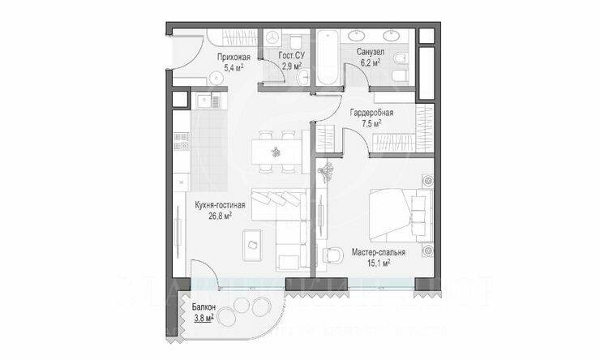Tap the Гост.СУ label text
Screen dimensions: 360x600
[291, 56]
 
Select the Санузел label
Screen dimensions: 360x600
[369, 52]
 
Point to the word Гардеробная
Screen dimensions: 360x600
[371, 113]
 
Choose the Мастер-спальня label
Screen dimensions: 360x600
[378, 252]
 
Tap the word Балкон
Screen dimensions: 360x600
[204, 308]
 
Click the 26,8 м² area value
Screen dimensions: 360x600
[221, 216]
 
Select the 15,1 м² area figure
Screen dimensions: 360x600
[378, 263]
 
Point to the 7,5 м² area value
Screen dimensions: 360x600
[371, 123]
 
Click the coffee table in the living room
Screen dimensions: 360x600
[252, 242]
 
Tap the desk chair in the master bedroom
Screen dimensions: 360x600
[332, 255]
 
